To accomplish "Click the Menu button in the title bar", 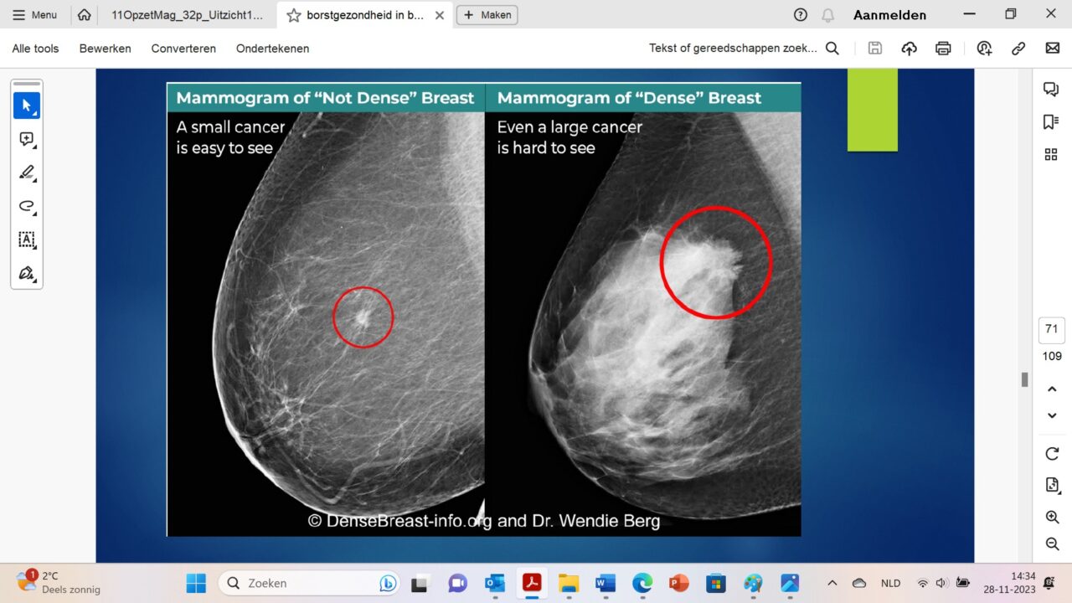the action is [x=34, y=15].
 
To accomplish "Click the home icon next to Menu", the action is [x=85, y=15].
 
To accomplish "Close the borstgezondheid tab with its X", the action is [x=440, y=15].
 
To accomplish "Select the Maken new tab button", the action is [x=487, y=15].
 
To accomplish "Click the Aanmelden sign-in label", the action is [x=889, y=15].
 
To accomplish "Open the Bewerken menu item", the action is [x=105, y=49].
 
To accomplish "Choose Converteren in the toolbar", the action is [x=183, y=49].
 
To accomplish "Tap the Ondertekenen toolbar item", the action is [x=272, y=49].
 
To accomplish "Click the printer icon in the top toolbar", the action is [x=943, y=49].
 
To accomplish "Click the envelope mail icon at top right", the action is [x=1052, y=48].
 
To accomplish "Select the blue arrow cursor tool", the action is [x=27, y=106].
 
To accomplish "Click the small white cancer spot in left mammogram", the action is [x=363, y=317].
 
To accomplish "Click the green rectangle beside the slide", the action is [x=873, y=110].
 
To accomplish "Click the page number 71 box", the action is [x=1051, y=330].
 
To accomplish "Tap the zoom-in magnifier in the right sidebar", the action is [x=1052, y=517].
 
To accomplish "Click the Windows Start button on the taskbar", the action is [x=196, y=584].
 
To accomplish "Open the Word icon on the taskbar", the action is [x=606, y=584].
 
